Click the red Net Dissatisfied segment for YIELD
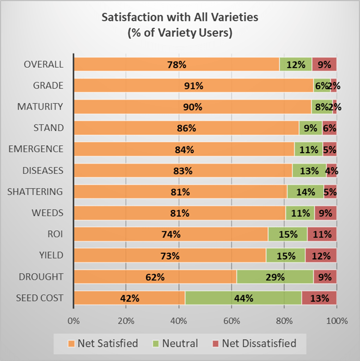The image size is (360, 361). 321,256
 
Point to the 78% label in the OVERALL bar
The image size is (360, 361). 177,65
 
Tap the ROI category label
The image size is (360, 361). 55,234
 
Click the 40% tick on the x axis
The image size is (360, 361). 179,320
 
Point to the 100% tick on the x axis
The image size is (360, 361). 336,320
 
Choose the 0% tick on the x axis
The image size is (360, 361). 73,320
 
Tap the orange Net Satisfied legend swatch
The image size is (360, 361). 71,344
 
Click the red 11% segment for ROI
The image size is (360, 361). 321,234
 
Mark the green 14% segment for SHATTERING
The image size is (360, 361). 305,192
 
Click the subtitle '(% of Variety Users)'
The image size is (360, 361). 180,32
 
